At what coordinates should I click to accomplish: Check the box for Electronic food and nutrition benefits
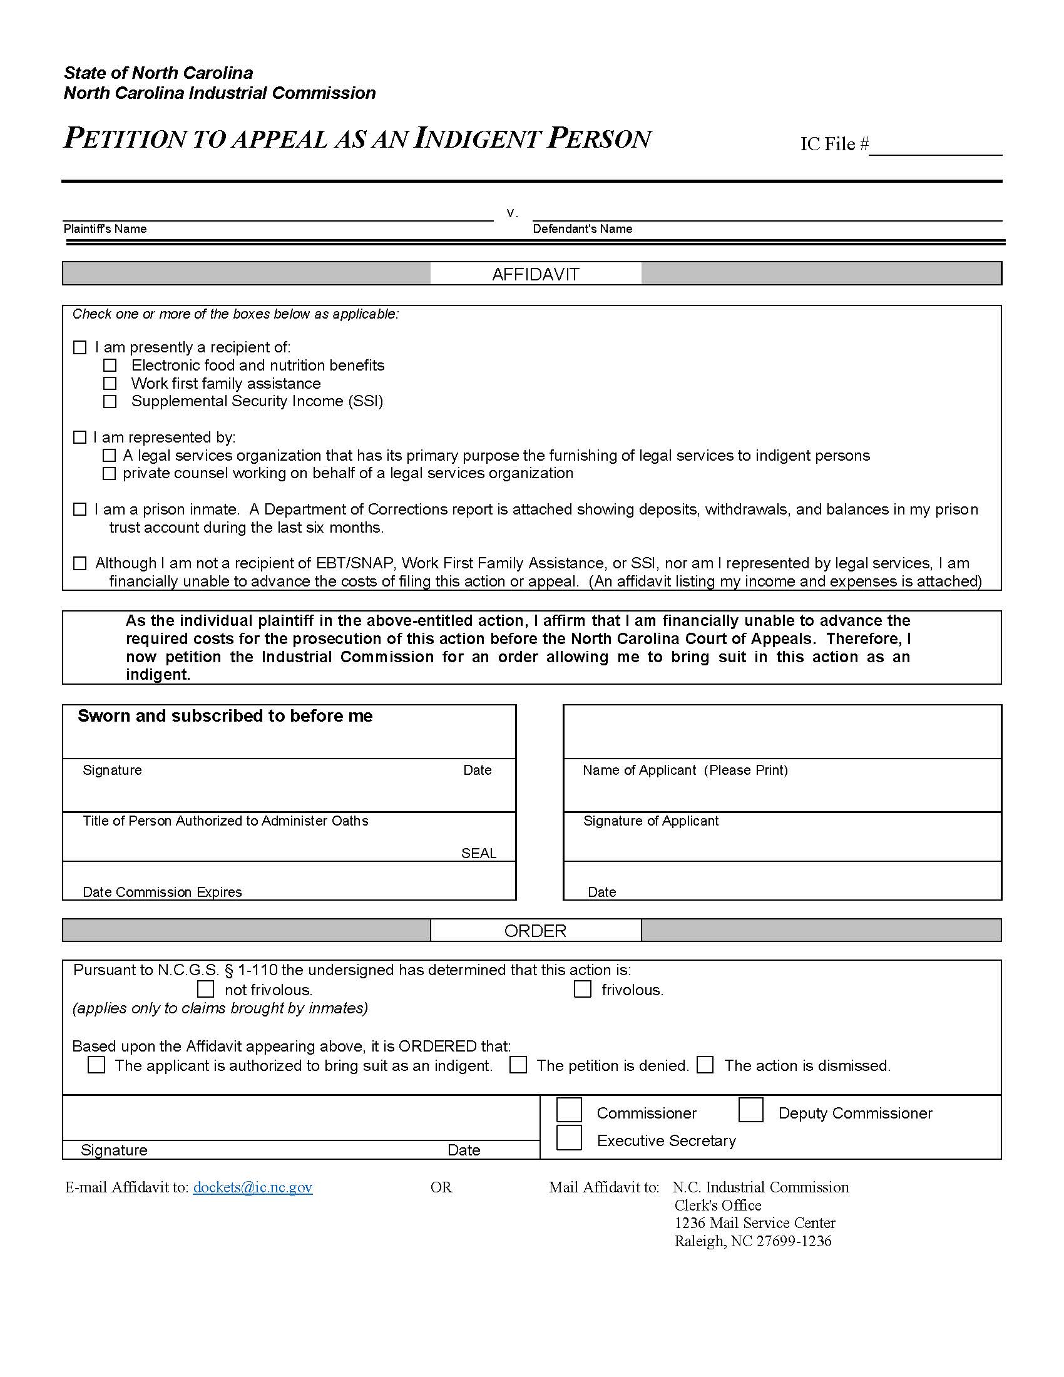click(x=110, y=366)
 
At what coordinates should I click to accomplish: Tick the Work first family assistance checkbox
click(x=110, y=383)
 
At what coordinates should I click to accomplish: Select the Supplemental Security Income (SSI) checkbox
click(x=110, y=402)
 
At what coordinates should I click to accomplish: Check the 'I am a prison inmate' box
click(x=79, y=509)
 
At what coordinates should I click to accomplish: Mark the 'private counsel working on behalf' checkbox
click(x=109, y=474)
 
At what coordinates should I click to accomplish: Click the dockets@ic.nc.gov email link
click(x=253, y=1187)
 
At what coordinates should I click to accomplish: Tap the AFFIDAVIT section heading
click(x=535, y=274)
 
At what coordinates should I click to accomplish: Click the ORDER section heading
click(x=535, y=931)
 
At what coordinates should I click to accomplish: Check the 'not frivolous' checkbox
click(x=205, y=988)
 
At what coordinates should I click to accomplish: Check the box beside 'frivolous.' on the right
click(x=583, y=988)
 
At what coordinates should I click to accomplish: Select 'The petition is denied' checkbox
click(x=518, y=1065)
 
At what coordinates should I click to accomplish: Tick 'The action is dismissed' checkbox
click(x=705, y=1065)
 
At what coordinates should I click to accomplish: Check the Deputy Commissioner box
click(x=750, y=1110)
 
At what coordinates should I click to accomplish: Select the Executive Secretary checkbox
click(x=569, y=1137)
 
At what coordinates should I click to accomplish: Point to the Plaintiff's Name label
click(x=105, y=229)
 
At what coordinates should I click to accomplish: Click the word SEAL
click(x=478, y=853)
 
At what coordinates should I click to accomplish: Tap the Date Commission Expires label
click(x=162, y=892)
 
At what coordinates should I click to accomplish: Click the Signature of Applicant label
click(x=650, y=821)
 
